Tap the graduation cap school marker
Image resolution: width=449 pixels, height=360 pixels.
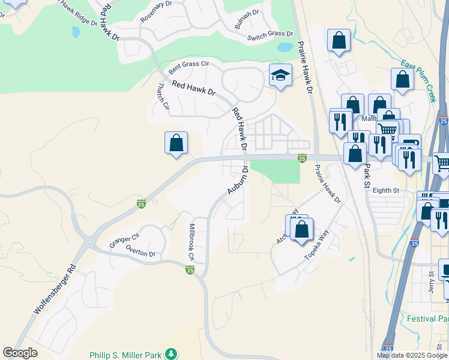point(280,75)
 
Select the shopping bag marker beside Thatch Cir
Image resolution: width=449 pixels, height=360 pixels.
point(176,143)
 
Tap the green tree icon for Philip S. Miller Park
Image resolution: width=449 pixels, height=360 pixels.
point(172,354)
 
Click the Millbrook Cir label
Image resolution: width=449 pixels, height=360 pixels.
point(192,242)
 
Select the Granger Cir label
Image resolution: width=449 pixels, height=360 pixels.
point(124,241)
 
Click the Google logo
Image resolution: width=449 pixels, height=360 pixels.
point(20,353)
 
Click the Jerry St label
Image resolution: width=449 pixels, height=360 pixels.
point(431,282)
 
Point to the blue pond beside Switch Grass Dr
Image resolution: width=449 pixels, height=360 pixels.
point(285,46)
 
